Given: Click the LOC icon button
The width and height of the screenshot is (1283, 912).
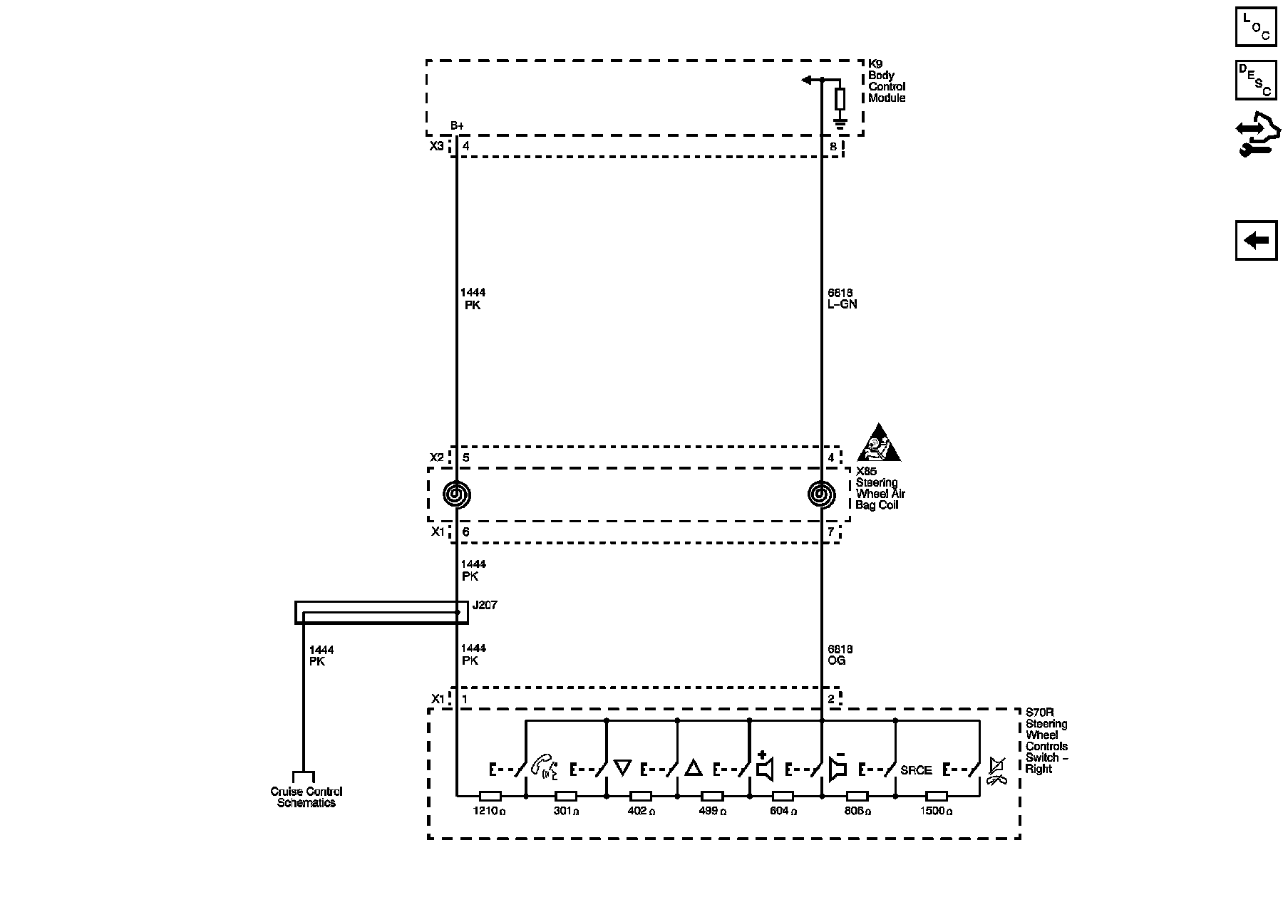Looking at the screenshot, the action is pyautogui.click(x=1256, y=26).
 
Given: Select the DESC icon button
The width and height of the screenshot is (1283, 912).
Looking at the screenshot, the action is pyautogui.click(x=1256, y=80).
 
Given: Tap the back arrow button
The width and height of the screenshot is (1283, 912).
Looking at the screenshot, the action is pyautogui.click(x=1256, y=240).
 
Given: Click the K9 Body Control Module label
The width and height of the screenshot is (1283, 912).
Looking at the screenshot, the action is pyautogui.click(x=886, y=81).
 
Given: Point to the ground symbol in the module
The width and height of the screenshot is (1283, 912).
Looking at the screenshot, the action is pyautogui.click(x=840, y=124).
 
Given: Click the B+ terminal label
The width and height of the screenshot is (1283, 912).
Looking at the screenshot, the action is pyautogui.click(x=457, y=126).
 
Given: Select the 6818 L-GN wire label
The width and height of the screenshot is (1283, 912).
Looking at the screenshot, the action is pyautogui.click(x=842, y=299).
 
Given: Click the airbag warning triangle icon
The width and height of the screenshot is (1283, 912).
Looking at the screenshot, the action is pyautogui.click(x=879, y=445).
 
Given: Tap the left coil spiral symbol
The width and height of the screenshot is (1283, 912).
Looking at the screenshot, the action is pyautogui.click(x=457, y=494).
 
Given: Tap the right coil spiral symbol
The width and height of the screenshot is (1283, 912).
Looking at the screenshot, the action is pyautogui.click(x=821, y=494).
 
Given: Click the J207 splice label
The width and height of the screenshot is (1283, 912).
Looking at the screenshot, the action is pyautogui.click(x=485, y=605).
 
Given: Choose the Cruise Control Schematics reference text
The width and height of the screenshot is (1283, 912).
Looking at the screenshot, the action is pyautogui.click(x=306, y=797).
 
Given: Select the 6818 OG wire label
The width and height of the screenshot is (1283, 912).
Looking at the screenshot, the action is pyautogui.click(x=840, y=655).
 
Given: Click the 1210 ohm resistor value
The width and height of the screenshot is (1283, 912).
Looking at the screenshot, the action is pyautogui.click(x=490, y=811).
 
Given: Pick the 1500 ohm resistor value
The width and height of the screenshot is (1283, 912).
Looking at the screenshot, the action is pyautogui.click(x=936, y=811).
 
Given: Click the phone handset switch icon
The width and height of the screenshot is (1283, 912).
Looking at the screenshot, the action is pyautogui.click(x=545, y=767).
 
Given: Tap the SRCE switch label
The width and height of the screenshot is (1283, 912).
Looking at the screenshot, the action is pyautogui.click(x=916, y=770).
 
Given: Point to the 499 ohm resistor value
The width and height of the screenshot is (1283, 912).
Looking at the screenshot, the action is pyautogui.click(x=712, y=811).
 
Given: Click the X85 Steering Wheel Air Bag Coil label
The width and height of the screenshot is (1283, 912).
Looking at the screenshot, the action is pyautogui.click(x=880, y=488).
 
